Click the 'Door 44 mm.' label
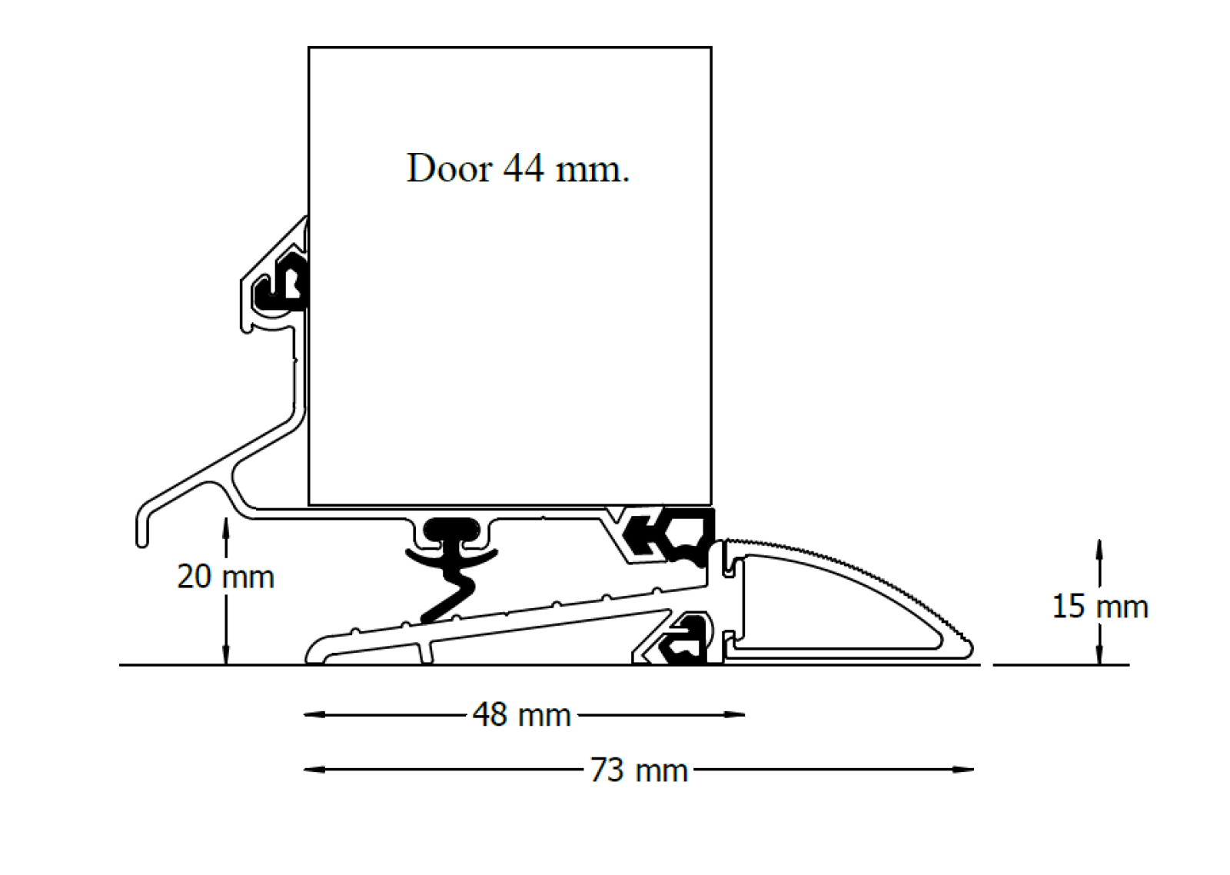517,168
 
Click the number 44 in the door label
523,168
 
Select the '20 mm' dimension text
225,577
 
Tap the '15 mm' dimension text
1099,607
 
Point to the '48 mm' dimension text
521,715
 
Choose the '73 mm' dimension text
638,770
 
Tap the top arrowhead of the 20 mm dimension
225,524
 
